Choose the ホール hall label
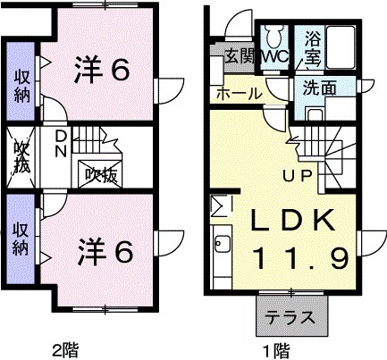click(x=238, y=94)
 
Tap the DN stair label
click(x=59, y=143)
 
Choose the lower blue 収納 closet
click(x=20, y=236)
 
